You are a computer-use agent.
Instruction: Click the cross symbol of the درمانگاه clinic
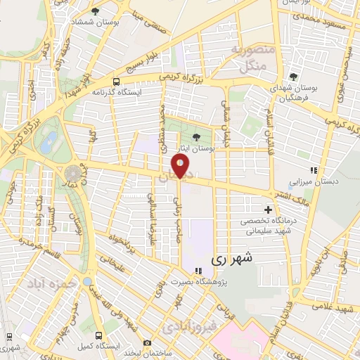click(268, 210)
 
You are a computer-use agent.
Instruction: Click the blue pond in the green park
click(48, 143)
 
